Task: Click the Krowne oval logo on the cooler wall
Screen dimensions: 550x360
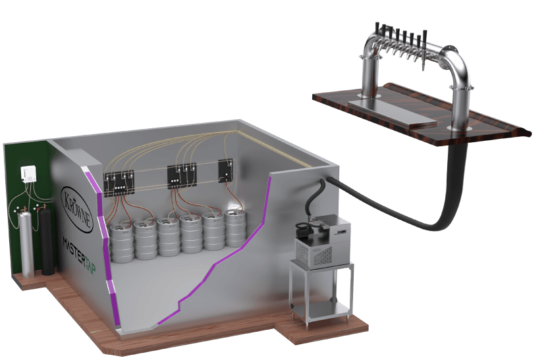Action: point(78,209)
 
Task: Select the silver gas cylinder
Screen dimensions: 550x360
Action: point(26,244)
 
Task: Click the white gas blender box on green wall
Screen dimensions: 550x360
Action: point(28,174)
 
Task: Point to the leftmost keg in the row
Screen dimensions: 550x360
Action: point(122,242)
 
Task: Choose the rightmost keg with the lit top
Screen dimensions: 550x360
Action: point(235,227)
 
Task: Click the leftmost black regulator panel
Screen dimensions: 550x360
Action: point(119,182)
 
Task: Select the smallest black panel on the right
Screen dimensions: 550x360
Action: point(226,171)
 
